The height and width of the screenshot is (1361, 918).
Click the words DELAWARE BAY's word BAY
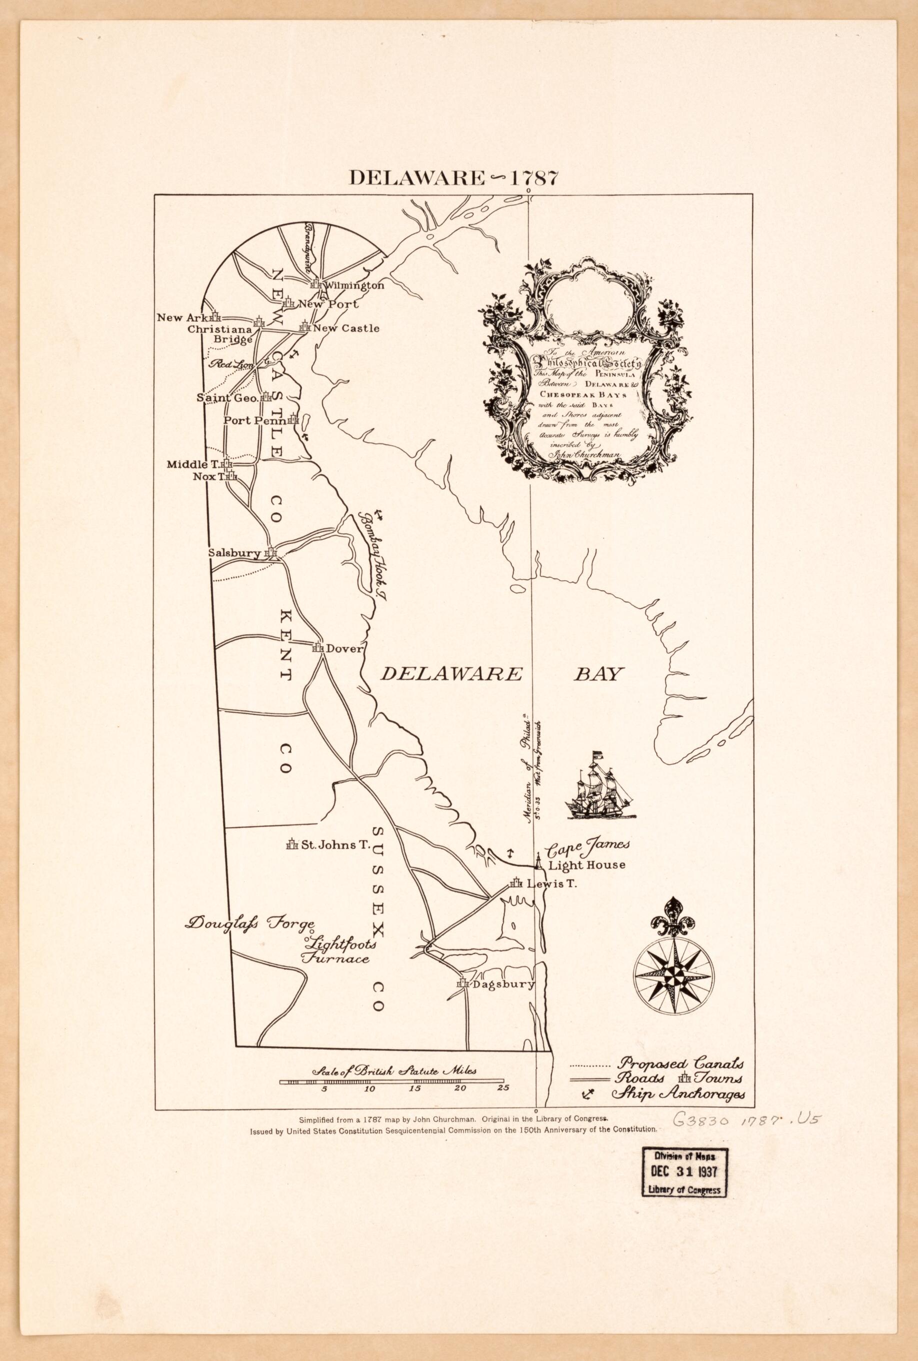click(x=595, y=675)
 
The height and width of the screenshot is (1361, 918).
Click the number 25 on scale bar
click(x=503, y=1088)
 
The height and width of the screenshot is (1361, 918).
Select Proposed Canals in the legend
click(x=681, y=1062)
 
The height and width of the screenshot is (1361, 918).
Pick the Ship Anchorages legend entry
click(x=681, y=1094)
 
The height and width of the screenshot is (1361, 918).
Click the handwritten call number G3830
click(x=701, y=1120)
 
